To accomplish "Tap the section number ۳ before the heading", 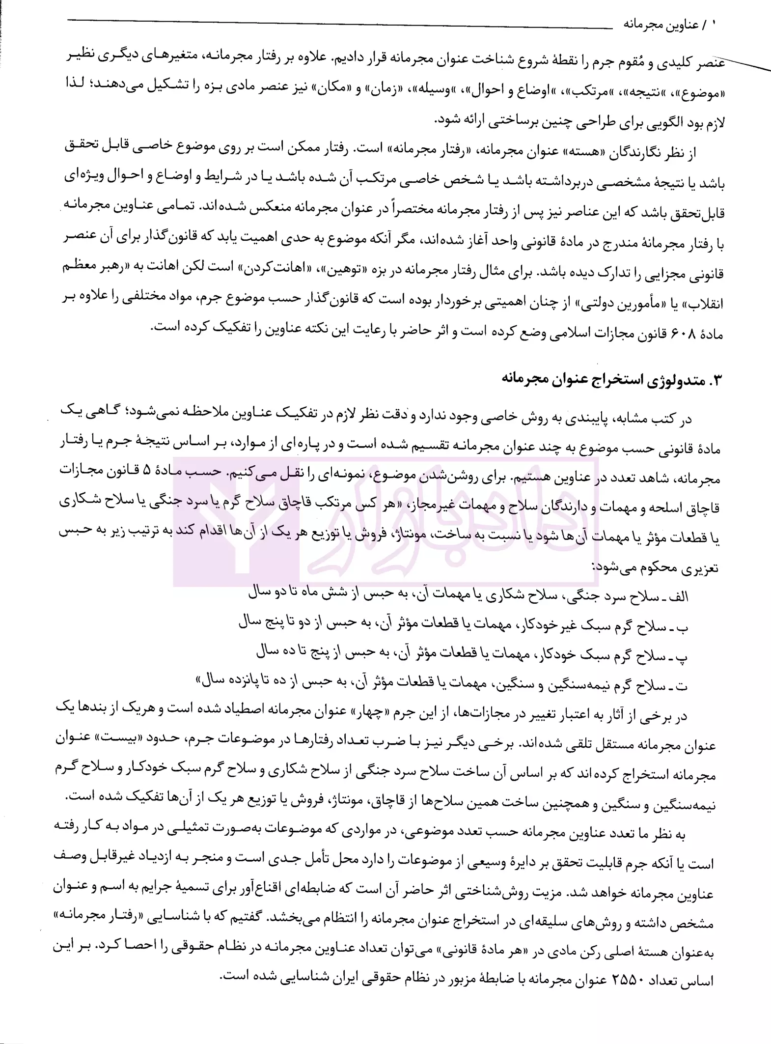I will pos(715,381).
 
